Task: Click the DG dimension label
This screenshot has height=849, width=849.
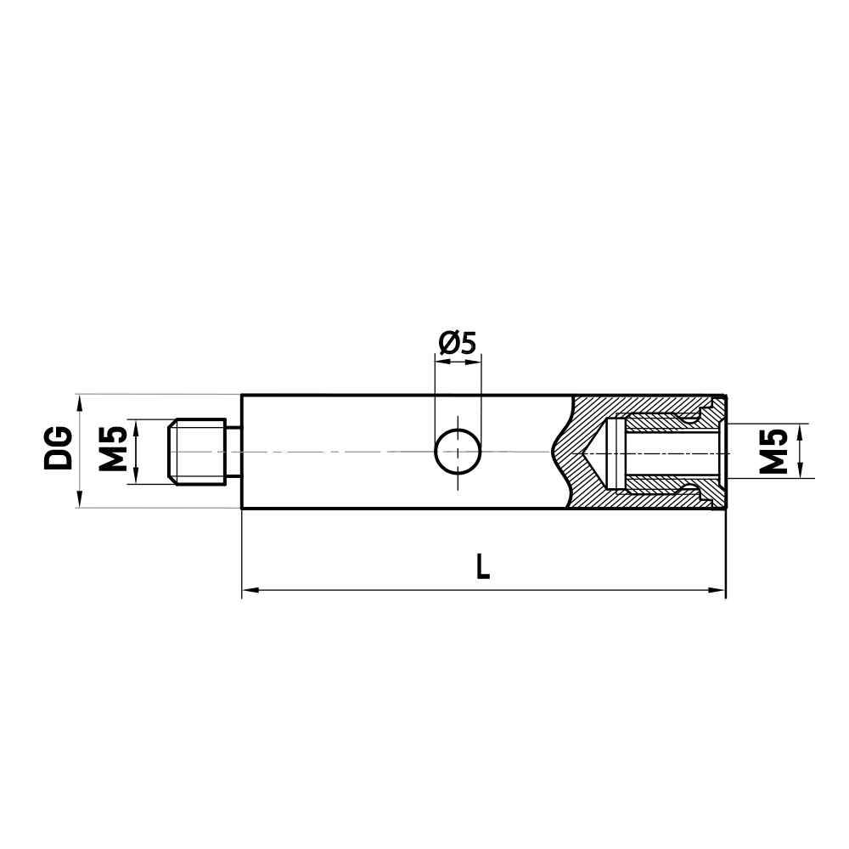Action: (x=59, y=450)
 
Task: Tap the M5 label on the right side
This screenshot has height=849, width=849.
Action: (x=773, y=450)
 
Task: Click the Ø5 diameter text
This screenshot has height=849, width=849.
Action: (x=458, y=342)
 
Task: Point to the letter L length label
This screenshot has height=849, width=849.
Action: (x=482, y=566)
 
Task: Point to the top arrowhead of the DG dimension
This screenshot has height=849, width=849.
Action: (x=79, y=401)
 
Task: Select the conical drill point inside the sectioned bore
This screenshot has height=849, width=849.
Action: (x=593, y=452)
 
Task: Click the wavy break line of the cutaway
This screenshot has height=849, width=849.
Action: (x=560, y=452)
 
